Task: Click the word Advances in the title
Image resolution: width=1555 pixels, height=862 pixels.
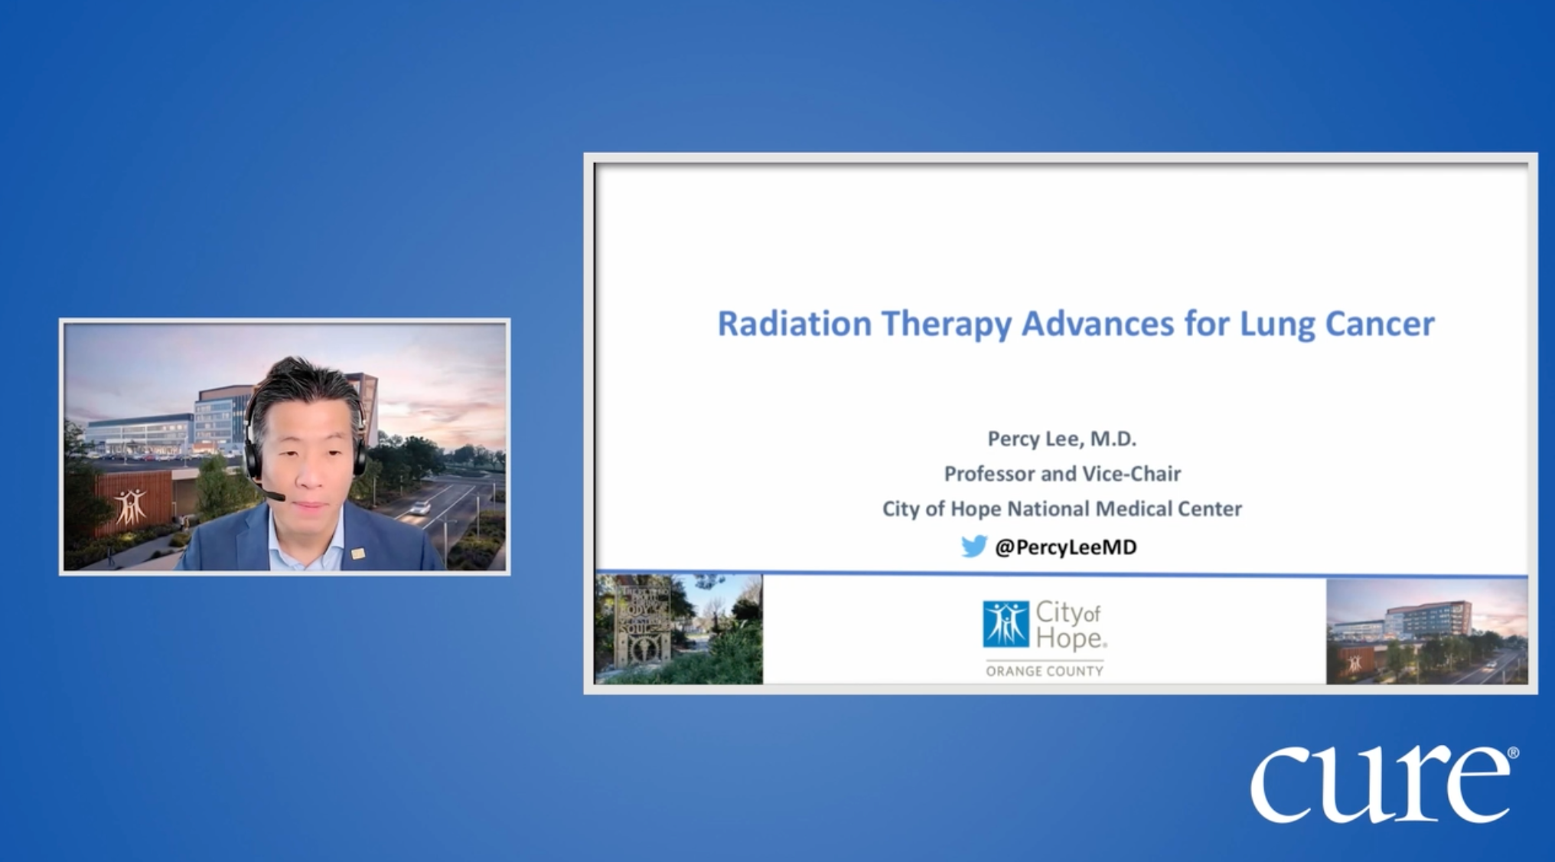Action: [1097, 323]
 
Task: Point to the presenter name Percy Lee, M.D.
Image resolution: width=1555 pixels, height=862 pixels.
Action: [1061, 439]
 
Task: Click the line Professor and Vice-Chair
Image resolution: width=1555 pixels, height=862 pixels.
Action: [1062, 474]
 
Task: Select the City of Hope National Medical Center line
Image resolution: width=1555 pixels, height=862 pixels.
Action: [1061, 508]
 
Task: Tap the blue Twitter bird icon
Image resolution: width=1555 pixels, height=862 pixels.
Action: [974, 546]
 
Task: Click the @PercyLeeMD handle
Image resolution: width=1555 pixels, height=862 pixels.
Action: [1065, 547]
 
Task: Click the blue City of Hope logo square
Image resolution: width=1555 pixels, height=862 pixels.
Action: [1006, 624]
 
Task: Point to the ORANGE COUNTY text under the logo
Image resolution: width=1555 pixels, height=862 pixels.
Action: [1045, 671]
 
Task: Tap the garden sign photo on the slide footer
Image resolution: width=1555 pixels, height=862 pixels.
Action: [678, 629]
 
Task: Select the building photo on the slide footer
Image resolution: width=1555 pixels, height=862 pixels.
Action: [1426, 631]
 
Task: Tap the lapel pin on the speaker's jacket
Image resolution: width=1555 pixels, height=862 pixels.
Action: [358, 553]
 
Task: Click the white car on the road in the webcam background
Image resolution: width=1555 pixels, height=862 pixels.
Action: [419, 507]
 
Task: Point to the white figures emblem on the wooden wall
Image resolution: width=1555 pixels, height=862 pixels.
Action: [131, 506]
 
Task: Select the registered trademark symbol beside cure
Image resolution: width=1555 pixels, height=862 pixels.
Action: [1513, 753]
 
